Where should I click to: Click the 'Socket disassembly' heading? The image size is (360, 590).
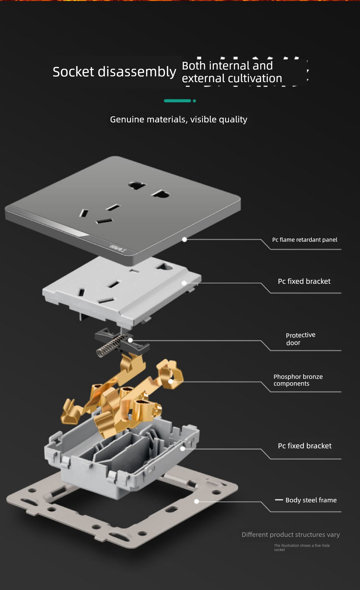[114, 72]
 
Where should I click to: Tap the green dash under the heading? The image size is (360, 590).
[177, 101]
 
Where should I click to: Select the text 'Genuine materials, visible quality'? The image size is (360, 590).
[179, 120]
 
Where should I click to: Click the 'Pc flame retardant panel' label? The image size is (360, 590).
[305, 240]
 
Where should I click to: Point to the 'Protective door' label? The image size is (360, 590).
[301, 339]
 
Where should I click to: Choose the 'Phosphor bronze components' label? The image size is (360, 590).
[298, 380]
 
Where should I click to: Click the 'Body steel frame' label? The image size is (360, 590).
[311, 500]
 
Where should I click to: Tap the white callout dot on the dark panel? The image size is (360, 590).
[184, 239]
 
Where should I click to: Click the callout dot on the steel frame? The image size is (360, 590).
[197, 502]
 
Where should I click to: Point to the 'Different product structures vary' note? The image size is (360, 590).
[291, 534]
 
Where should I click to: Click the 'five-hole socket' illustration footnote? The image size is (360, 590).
[302, 547]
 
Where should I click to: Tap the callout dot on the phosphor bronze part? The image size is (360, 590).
[171, 381]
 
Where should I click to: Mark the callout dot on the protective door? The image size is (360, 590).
[130, 340]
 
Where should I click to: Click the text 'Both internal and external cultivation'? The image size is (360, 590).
[232, 72]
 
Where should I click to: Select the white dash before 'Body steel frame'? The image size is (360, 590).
[279, 500]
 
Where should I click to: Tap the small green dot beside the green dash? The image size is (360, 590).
[194, 101]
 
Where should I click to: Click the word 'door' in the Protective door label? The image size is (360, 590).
[293, 343]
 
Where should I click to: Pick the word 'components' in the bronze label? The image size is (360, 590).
[291, 384]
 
